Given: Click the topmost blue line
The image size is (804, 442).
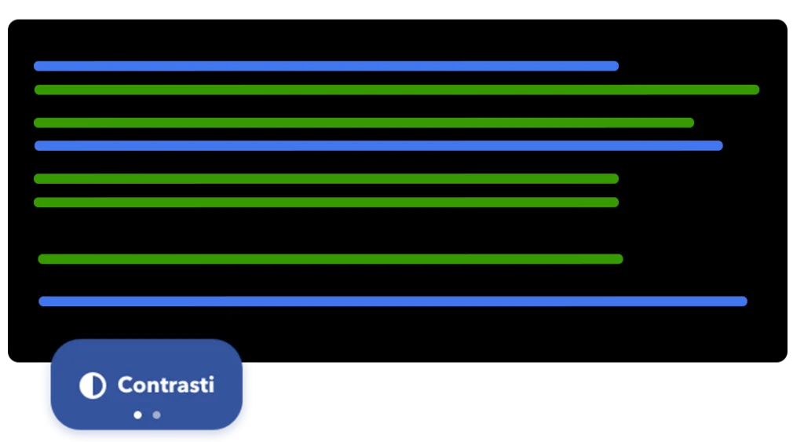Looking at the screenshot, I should [326, 66].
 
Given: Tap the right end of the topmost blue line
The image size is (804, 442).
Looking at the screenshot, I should [615, 66].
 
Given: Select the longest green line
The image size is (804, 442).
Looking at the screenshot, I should [397, 89].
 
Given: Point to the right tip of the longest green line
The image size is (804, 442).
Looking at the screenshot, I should [755, 89].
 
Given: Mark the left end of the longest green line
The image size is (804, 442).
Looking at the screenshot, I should [38, 89].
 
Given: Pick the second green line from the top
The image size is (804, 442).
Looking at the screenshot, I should [364, 122].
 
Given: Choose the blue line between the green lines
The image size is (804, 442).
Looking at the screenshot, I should [378, 145].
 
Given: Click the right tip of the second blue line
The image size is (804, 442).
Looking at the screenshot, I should [718, 145].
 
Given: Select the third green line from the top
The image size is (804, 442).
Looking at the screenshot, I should [326, 178].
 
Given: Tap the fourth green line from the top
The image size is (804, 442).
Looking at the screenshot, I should [326, 202].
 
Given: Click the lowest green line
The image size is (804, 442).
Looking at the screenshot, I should [330, 259].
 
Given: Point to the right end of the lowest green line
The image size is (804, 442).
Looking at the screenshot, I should [619, 259].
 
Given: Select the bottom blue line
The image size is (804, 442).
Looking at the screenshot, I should [393, 301].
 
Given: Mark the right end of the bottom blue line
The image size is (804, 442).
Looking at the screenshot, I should [743, 301].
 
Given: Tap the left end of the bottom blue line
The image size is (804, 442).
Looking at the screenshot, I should [42, 301].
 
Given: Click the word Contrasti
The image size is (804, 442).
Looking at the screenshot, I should [166, 385].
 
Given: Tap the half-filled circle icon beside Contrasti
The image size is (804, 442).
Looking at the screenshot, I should [93, 385].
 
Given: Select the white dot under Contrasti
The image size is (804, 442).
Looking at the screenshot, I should [138, 415].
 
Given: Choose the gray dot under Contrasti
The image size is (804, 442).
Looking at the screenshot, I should [157, 415].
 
